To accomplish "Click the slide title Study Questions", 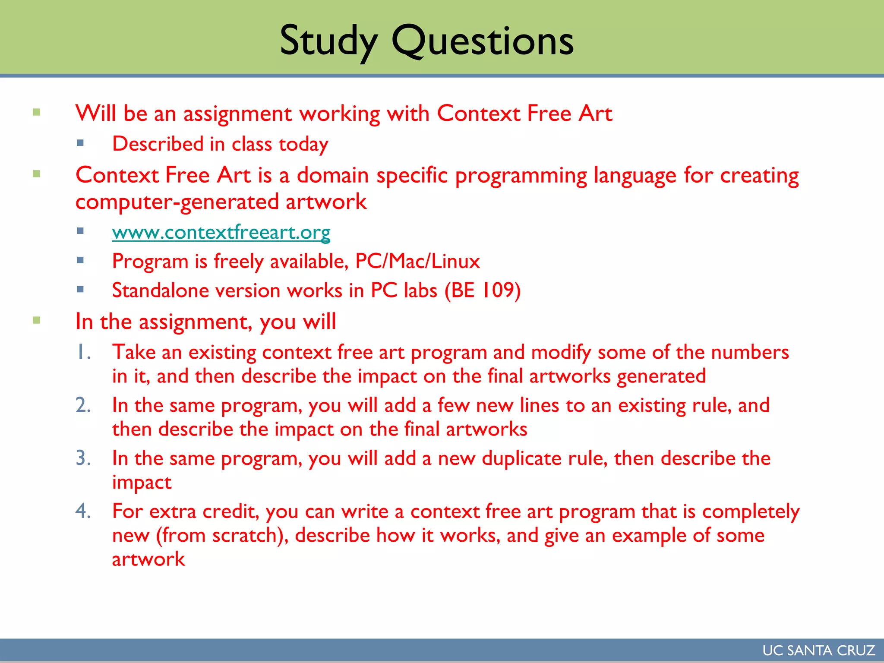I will [426, 41].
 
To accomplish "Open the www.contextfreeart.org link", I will [221, 233].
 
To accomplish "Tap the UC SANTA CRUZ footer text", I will [818, 650].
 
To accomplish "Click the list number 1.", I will [83, 352].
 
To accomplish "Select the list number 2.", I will [83, 405].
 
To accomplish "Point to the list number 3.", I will [83, 458].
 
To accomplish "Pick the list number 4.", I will [83, 511].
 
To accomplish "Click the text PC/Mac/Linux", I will [417, 262].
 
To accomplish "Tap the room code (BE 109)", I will [483, 290].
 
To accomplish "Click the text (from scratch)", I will [222, 536].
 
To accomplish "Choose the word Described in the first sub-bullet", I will [158, 144].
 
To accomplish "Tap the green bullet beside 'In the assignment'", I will [37, 320].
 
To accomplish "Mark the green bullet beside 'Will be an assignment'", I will [37, 112].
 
